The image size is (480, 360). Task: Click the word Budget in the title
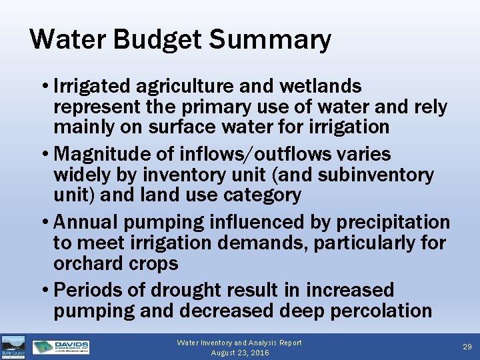pyautogui.click(x=157, y=40)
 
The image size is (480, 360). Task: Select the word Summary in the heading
pyautogui.click(x=270, y=40)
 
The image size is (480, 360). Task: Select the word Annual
pyautogui.click(x=85, y=222)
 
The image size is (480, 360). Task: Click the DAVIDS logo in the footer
pyautogui.click(x=61, y=347)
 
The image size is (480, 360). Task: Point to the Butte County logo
pyautogui.click(x=13, y=347)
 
